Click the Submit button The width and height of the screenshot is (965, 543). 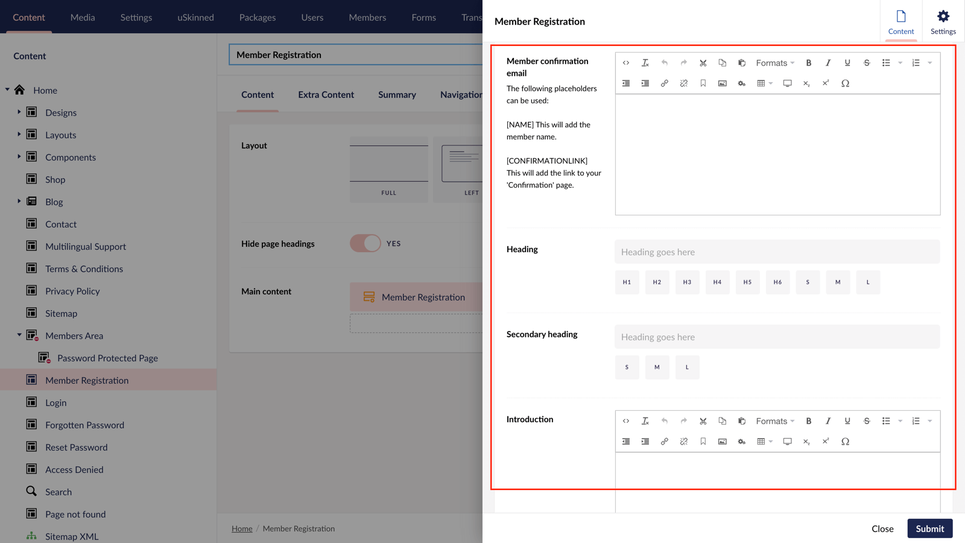point(929,529)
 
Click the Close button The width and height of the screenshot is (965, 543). point(882,529)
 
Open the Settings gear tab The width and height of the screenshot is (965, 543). point(943,22)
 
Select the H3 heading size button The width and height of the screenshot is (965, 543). point(687,282)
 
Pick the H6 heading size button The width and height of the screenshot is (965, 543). point(777,282)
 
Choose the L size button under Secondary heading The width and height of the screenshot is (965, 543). point(687,367)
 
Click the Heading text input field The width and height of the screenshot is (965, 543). point(777,252)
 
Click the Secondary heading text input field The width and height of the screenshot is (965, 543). point(777,337)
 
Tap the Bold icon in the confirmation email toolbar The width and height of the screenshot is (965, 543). point(809,63)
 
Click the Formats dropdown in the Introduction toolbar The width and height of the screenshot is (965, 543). point(775,421)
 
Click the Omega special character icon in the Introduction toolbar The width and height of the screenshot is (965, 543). point(845,442)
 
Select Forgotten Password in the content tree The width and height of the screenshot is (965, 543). point(84,425)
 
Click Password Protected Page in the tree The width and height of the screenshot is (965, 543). point(107,358)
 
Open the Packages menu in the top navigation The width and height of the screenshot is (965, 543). point(258,17)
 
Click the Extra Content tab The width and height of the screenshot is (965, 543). point(326,95)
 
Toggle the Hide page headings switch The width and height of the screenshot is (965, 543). point(365,244)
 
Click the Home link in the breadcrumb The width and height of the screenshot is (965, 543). point(242,529)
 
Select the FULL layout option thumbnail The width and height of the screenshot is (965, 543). point(389,169)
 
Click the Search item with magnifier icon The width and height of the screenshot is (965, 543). point(59,492)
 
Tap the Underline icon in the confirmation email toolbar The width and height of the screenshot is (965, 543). point(847,63)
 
